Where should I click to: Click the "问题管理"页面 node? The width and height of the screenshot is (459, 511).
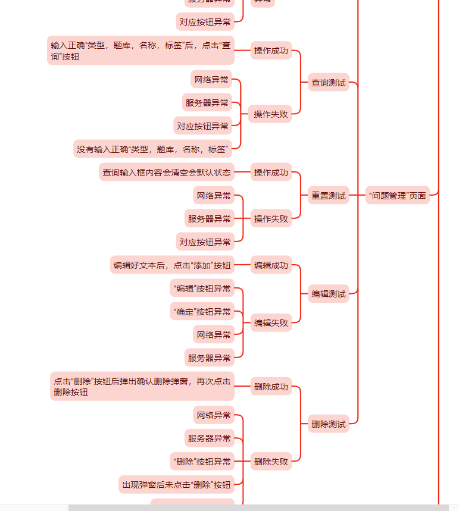pos(397,196)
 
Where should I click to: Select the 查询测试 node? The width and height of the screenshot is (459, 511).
pos(328,83)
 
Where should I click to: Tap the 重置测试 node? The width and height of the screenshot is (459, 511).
pos(328,196)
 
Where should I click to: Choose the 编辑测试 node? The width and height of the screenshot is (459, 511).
pos(328,294)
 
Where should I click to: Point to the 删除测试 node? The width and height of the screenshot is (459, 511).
pos(328,424)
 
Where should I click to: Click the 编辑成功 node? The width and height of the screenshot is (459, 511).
pos(271,265)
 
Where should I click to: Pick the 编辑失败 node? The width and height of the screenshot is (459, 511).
pos(271,323)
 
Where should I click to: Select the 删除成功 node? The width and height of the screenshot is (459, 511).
pos(271,387)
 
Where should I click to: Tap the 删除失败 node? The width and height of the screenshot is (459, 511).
pos(271,461)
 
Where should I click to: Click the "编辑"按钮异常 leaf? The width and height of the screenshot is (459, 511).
pos(202,289)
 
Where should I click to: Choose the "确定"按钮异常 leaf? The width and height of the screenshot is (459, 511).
pos(202,312)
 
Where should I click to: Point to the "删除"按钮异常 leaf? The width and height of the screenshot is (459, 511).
pos(202,461)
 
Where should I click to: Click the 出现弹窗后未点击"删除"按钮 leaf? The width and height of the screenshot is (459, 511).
pos(176,485)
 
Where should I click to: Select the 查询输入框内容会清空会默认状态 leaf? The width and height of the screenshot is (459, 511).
pos(166,173)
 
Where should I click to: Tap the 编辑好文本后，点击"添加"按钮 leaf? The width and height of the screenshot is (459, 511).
pos(172,265)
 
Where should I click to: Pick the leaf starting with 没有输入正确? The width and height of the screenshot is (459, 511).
pos(153,149)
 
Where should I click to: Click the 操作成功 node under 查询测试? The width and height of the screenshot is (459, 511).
pos(271,51)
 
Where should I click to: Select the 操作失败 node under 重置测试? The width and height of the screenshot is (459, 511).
pos(271,219)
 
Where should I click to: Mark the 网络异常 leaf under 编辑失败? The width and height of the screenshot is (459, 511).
pos(214,335)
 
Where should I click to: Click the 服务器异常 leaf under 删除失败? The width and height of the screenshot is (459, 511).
pos(210,438)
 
